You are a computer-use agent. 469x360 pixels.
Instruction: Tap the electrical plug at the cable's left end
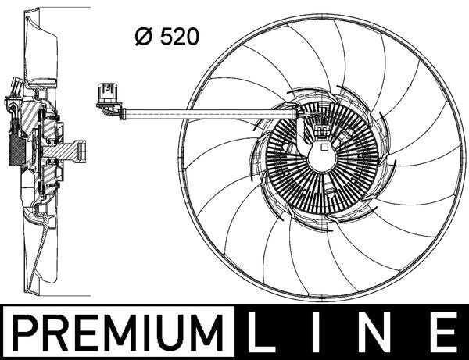(104, 97)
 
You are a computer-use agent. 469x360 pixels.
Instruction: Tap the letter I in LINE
(320, 332)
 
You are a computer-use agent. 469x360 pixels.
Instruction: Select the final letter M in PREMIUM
(207, 332)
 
